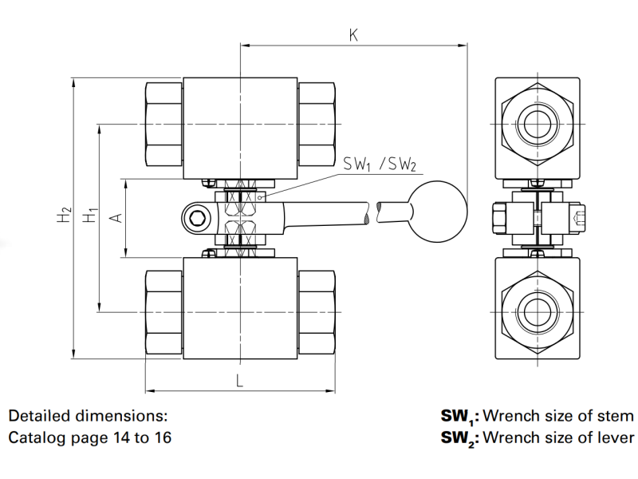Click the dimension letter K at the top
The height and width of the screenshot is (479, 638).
coord(353,34)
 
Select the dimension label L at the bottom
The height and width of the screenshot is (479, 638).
coord(239,380)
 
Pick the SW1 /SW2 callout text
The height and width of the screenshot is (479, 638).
coord(380,164)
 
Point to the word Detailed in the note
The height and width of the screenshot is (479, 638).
coord(38,416)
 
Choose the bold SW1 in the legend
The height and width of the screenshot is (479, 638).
coord(458,417)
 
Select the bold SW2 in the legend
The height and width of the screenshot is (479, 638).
coord(459,438)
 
